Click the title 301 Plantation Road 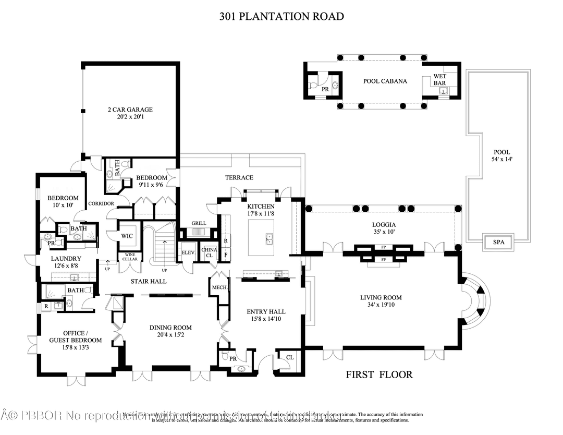281,16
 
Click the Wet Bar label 440,80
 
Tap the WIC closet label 128,236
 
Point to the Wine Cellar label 129,257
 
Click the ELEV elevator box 188,252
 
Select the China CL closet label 209,252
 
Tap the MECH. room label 218,287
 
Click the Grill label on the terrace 199,223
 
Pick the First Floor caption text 379,374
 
